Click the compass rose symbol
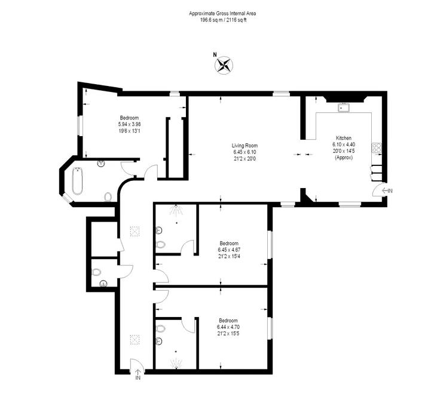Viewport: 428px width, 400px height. [224, 65]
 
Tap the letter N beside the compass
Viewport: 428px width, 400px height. [215, 54]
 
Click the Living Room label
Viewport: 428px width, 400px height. [244, 146]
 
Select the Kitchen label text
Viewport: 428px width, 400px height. [344, 138]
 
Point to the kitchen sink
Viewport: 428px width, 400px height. [344, 107]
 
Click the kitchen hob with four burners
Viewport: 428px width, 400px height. [377, 148]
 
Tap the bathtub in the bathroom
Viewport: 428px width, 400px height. [77, 181]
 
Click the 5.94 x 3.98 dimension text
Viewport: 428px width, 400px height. [129, 124]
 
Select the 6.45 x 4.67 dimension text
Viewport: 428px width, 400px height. [229, 250]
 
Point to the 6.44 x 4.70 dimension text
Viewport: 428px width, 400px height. [228, 327]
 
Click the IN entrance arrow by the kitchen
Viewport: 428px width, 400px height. [387, 190]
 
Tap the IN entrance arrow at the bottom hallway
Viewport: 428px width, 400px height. [138, 375]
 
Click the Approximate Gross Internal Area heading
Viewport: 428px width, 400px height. [222, 13]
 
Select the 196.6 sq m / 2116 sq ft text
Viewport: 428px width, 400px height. [223, 20]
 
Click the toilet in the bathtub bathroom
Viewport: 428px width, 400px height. [108, 196]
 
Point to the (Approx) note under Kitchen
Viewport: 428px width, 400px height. [344, 158]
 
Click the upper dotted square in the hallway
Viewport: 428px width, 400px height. [135, 232]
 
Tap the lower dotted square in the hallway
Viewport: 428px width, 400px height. [135, 340]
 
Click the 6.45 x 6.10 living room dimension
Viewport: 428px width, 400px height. [244, 152]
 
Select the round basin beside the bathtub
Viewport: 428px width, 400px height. [101, 164]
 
